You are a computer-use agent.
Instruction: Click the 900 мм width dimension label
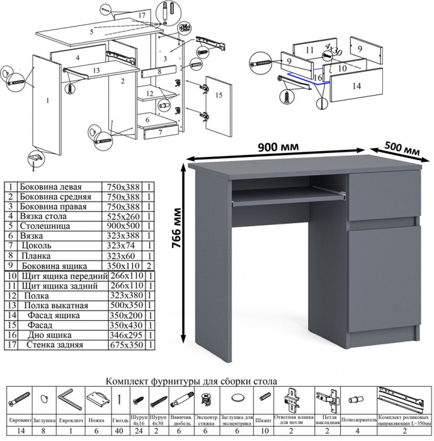[x=278, y=147]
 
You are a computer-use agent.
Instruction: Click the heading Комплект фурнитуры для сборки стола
[x=191, y=381]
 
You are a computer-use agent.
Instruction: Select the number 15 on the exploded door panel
[x=219, y=95]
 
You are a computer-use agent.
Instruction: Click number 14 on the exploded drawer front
[x=356, y=87]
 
